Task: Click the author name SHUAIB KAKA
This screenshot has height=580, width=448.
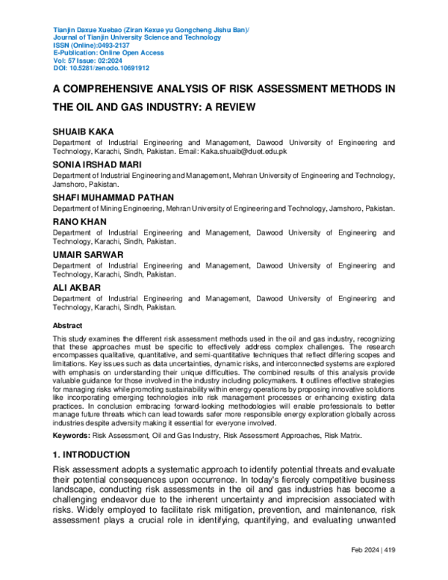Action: coord(83,132)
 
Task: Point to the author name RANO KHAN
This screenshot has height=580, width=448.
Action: coord(79,222)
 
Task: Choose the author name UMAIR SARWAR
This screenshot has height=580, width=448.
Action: coord(87,255)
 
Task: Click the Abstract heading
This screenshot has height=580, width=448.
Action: coord(67,326)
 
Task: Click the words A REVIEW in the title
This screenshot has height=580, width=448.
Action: coord(224,107)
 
